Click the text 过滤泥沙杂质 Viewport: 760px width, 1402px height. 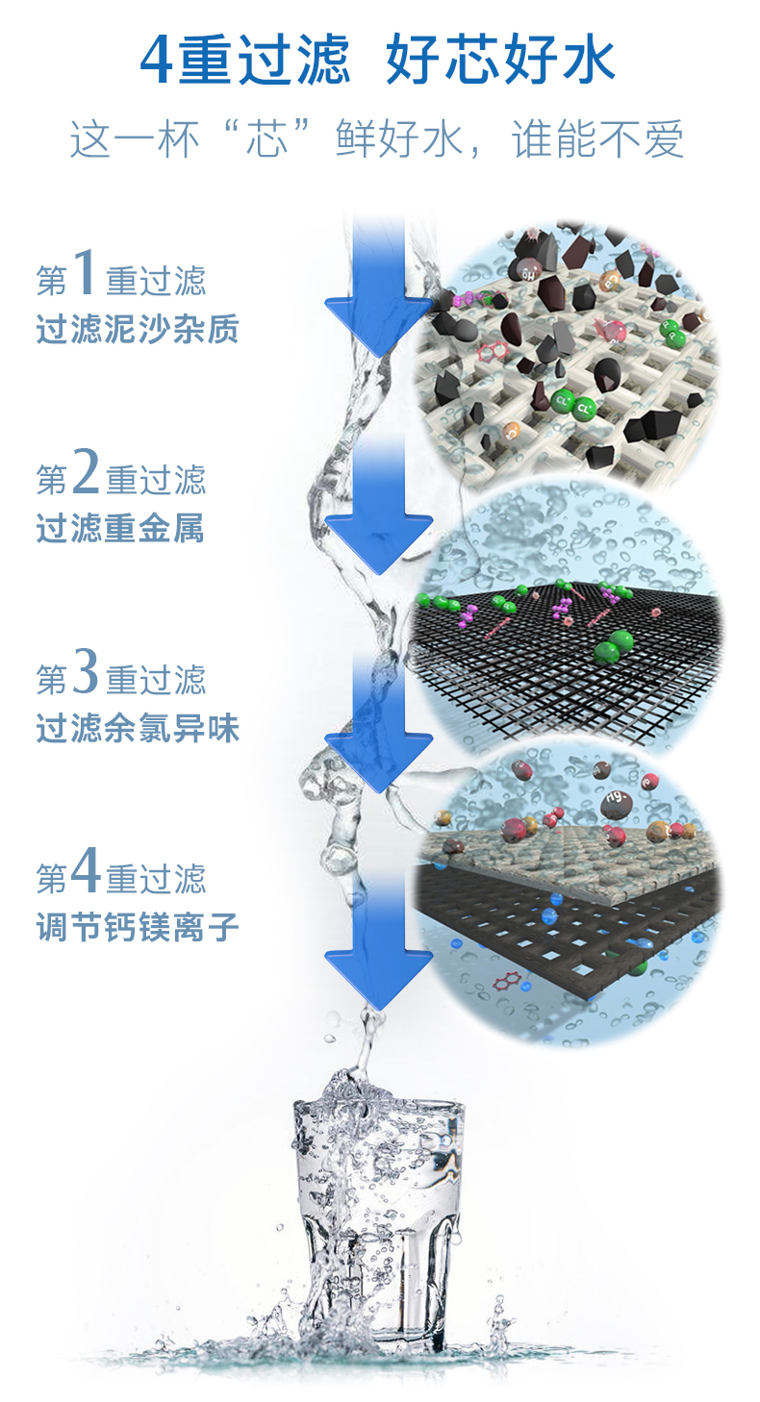[x=137, y=330]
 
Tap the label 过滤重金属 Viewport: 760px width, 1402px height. [x=120, y=529]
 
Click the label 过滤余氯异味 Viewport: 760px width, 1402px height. [x=137, y=728]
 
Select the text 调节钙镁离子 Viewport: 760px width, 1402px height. [x=137, y=927]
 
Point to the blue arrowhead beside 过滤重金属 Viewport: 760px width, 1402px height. [x=378, y=538]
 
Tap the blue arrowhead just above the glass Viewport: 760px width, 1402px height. [x=378, y=976]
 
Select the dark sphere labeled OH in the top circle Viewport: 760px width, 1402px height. [x=525, y=273]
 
